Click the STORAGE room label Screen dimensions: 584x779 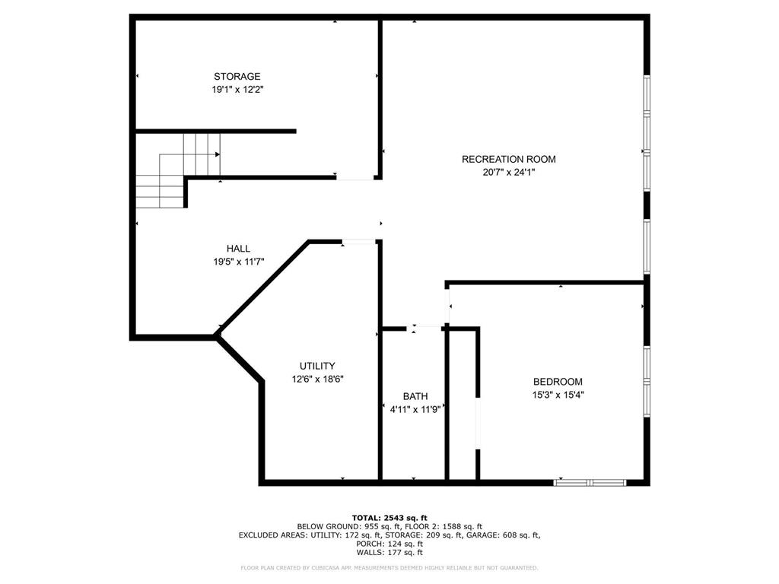[x=237, y=76]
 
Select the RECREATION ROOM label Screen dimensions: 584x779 [x=508, y=159]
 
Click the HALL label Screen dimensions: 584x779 [x=238, y=249]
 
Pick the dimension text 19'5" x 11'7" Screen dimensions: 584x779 [x=238, y=262]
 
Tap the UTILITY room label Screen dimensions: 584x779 [x=316, y=366]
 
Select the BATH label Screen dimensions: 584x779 [x=415, y=396]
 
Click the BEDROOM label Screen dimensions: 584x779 [x=558, y=382]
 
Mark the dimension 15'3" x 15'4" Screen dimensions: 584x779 [x=558, y=395]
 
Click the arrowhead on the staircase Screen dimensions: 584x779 [x=218, y=154]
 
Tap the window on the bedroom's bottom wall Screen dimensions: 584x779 [x=590, y=481]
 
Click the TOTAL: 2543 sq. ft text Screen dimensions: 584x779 [x=389, y=518]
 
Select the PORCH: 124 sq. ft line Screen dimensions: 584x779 [x=389, y=544]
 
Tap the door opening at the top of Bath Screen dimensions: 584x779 [x=428, y=328]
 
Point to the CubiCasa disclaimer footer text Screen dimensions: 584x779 [x=389, y=568]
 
